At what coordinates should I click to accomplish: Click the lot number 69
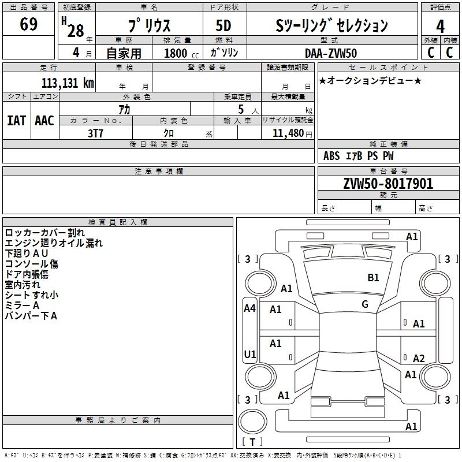pos(28,25)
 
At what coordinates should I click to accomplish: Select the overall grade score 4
pos(440,26)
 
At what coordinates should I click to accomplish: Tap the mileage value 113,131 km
pos(68,83)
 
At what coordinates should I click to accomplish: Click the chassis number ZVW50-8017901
pos(388,184)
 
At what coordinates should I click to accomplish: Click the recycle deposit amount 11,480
pos(286,133)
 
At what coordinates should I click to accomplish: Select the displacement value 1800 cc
pos(176,53)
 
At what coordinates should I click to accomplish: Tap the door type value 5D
pos(224,26)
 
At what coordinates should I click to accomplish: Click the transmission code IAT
pos(16,121)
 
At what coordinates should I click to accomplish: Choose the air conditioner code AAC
pos(44,121)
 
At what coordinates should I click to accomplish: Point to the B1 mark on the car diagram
pos(374,278)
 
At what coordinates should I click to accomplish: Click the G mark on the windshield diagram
pos(365,304)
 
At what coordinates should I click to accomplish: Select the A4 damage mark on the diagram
pos(249,308)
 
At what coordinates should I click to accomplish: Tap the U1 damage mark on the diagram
pos(249,354)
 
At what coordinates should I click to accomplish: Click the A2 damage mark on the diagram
pos(419,359)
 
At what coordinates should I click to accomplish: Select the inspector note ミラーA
pos(22,305)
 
